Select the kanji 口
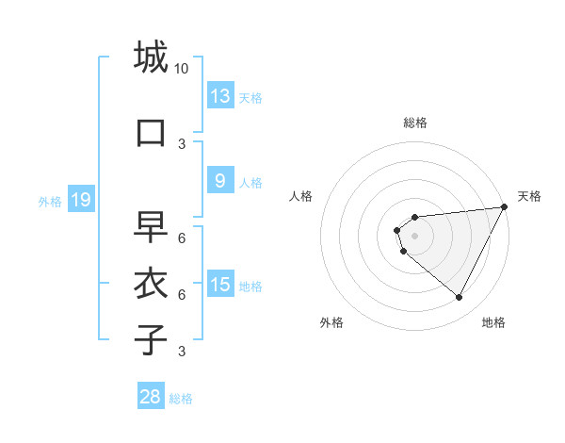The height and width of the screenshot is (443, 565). [x=151, y=132]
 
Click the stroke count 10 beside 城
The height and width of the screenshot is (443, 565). [x=182, y=68]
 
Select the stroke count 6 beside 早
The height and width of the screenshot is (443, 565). [x=182, y=238]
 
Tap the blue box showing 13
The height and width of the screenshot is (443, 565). [x=220, y=96]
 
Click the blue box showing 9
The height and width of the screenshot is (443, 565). [x=220, y=182]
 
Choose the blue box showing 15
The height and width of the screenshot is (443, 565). [x=220, y=286]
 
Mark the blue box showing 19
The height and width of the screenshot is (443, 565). [x=81, y=200]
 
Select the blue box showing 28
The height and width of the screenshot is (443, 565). [x=151, y=397]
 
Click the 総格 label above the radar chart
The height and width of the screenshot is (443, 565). [x=415, y=123]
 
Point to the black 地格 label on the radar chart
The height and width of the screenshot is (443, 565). [x=493, y=322]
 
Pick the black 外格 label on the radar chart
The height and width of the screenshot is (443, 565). [x=331, y=322]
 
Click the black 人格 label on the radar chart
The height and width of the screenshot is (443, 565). [x=301, y=196]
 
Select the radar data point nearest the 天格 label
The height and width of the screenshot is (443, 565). [x=504, y=207]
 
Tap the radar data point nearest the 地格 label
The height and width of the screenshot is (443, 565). [x=459, y=297]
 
